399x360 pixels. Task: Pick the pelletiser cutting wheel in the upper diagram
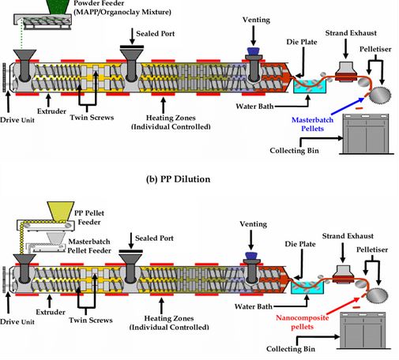[x=378, y=96]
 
